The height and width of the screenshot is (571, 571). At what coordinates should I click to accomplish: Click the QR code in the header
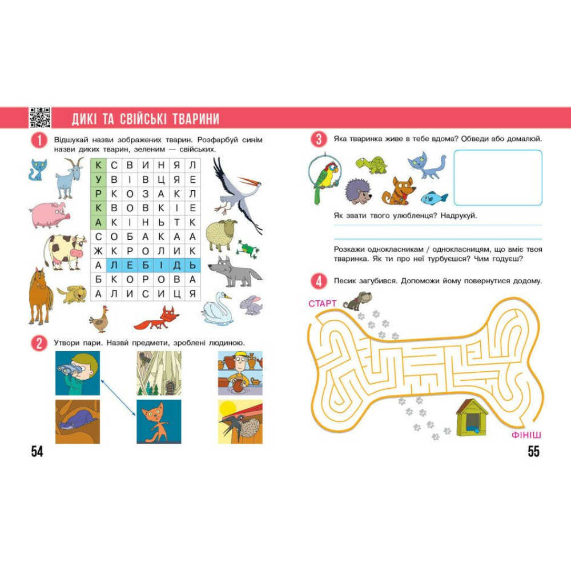point(40,117)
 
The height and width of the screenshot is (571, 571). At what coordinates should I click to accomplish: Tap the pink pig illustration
point(49,215)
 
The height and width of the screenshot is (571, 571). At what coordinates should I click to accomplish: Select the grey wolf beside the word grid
point(234,272)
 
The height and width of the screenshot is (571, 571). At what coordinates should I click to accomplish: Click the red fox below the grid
point(156,318)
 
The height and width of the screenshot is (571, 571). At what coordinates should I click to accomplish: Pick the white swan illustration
point(216,308)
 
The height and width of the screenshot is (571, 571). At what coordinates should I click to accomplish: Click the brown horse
point(40,296)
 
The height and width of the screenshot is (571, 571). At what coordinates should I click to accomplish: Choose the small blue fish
point(434,198)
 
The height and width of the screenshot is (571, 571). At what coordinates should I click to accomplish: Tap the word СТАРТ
point(322,303)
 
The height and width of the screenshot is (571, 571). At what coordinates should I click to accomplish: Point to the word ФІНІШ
point(526,435)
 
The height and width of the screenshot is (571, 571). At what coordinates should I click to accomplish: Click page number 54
point(37,452)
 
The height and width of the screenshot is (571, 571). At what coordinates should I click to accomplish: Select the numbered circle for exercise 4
point(319,282)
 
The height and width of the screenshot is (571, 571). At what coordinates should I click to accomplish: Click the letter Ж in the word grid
point(98,251)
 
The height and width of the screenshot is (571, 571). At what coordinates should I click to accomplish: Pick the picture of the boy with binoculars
point(77,373)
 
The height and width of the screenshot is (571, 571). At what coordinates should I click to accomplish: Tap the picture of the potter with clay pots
point(240,373)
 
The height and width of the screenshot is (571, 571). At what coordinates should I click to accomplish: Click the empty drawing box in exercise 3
point(498,178)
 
